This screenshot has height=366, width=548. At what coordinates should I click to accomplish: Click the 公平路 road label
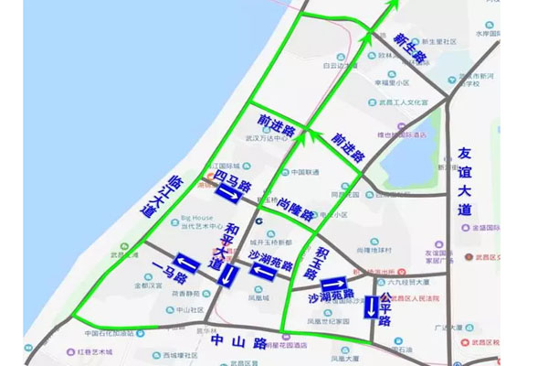point(385,310)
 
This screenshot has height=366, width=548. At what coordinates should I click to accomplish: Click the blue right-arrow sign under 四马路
point(227,193)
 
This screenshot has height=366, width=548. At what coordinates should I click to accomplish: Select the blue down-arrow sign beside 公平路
point(370,307)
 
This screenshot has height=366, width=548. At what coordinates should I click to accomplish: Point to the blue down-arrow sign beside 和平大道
point(229,274)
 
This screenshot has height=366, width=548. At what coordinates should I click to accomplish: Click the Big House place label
point(196,218)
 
